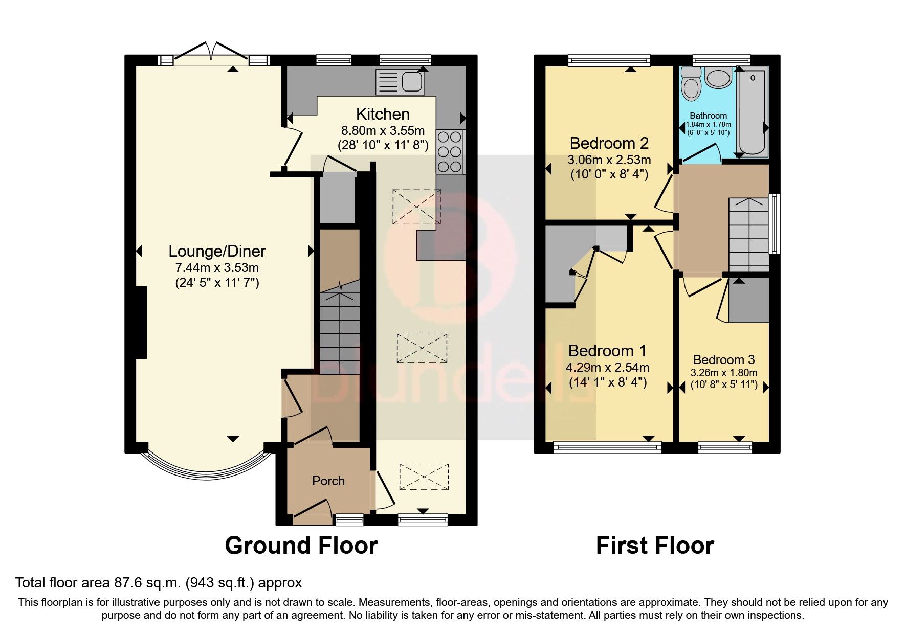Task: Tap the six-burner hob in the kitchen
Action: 450,152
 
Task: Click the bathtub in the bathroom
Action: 752,112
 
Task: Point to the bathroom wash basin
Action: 719,77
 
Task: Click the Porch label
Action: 328,481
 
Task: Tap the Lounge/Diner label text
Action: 217,251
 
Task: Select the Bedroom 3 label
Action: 723,360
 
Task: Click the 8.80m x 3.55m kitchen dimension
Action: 383,130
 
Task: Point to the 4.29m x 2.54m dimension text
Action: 608,367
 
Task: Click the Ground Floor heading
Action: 301,546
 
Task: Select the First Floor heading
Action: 654,546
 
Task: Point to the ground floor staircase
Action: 339,327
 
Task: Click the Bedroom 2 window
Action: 609,60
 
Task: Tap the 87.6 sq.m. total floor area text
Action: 159,582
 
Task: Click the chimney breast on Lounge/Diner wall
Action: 141,323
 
